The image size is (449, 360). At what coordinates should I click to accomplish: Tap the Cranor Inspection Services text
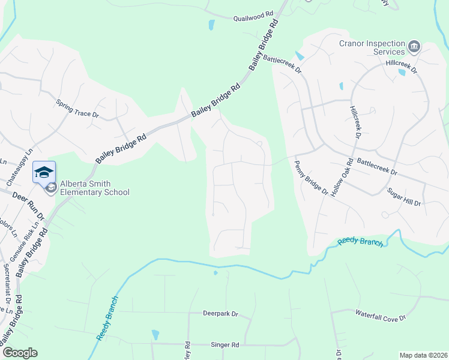point(372,47)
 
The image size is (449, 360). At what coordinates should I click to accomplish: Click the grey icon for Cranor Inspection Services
point(414,46)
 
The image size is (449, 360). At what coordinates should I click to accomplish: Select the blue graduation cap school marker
point(44,172)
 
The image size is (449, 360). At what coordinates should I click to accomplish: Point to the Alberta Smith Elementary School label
point(94,188)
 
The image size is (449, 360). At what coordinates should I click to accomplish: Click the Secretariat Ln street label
point(7,283)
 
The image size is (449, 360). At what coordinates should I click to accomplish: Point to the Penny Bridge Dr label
point(312,177)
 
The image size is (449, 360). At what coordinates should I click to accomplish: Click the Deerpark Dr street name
point(220,313)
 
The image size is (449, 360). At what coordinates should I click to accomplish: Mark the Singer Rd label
point(225,345)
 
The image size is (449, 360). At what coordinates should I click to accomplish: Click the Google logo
point(20,353)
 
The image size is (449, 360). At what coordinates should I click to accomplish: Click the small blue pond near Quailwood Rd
point(211,25)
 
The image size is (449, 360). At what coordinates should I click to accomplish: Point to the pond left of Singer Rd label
point(156,334)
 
